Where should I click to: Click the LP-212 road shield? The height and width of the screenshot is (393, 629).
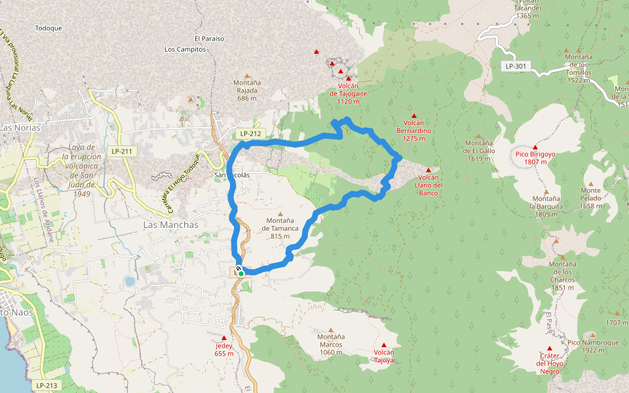pyautogui.click(x=250, y=134)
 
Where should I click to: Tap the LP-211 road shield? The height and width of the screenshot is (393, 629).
pyautogui.click(x=122, y=151)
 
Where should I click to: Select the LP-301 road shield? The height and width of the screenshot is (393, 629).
pyautogui.click(x=516, y=66)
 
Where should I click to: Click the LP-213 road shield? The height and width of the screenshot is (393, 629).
pyautogui.click(x=47, y=386)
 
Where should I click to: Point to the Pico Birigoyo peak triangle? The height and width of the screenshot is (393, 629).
pyautogui.click(x=535, y=147)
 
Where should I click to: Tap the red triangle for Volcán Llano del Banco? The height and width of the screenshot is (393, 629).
pyautogui.click(x=428, y=170)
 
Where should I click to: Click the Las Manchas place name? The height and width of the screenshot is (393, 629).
pyautogui.click(x=170, y=224)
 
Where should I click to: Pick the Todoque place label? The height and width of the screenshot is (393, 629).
pyautogui.click(x=48, y=28)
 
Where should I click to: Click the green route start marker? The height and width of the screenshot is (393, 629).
pyautogui.click(x=241, y=274)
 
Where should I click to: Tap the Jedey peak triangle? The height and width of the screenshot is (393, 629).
pyautogui.click(x=223, y=338)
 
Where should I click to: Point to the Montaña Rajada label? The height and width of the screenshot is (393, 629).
pyautogui.click(x=247, y=90)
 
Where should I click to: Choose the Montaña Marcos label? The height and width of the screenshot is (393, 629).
pyautogui.click(x=330, y=345)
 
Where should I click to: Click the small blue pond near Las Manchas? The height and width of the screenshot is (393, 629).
pyautogui.click(x=129, y=282)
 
